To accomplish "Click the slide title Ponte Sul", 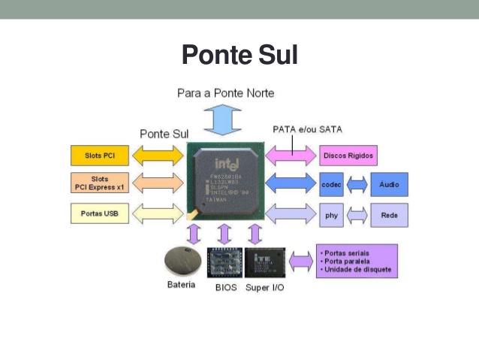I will click(239, 55).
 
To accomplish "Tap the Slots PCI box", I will click(100, 155).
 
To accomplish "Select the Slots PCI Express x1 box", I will click(100, 183).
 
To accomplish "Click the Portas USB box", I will click(100, 213).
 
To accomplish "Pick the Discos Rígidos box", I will click(347, 156).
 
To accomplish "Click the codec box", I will click(331, 184).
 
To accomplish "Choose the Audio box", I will click(389, 184).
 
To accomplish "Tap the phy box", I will click(331, 215).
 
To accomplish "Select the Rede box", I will click(389, 215).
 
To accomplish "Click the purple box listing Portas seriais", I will click(356, 262).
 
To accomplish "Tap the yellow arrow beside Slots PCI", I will click(158, 155).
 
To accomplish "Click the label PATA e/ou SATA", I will click(307, 129).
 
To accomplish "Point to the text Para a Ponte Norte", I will click(225, 93).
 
